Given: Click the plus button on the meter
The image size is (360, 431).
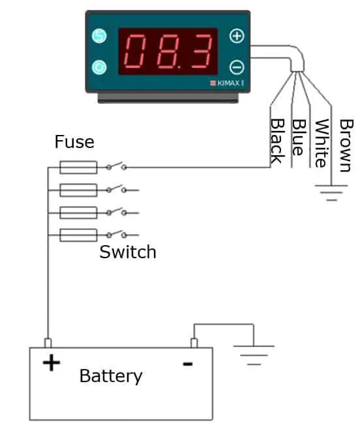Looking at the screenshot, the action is click(237, 36).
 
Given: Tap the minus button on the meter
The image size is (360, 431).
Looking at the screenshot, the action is click(237, 67).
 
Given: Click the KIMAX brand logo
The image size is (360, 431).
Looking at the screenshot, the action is click(227, 83).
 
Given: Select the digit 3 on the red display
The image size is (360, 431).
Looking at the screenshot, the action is click(202, 51).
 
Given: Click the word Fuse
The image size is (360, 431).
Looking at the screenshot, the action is click(74, 142).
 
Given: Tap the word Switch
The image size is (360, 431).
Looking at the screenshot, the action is click(128, 252).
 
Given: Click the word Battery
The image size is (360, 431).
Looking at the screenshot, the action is click(111, 376).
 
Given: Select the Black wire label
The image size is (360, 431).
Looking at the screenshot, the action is click(277, 141).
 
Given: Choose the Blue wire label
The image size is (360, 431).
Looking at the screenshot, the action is click(299, 138).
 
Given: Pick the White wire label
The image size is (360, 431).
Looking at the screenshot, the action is click(322, 143).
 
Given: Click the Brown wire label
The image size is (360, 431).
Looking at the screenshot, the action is click(346, 145).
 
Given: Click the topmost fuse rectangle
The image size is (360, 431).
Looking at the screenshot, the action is click(78, 168).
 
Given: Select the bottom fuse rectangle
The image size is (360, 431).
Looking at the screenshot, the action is click(78, 235).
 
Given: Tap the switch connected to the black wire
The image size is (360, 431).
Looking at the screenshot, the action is click(116, 166).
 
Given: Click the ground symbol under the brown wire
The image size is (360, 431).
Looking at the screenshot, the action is click(331, 193).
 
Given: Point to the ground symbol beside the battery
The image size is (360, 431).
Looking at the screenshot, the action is click(254, 355).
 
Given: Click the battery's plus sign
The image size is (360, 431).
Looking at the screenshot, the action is click(52, 363).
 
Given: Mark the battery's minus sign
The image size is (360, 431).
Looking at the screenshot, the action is click(188, 364).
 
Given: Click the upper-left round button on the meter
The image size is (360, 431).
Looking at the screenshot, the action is click(99, 36).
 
